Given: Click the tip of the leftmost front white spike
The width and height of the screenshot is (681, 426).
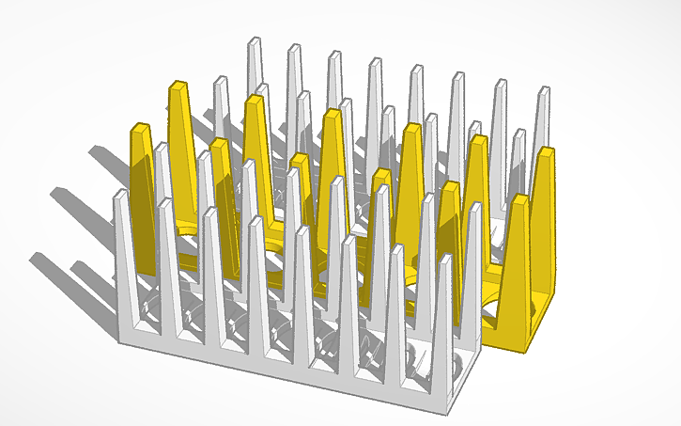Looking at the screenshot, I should (119, 194).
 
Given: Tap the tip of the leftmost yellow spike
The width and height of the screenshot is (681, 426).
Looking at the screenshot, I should (138, 127).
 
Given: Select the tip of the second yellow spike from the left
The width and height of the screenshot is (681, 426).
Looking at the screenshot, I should (176, 87).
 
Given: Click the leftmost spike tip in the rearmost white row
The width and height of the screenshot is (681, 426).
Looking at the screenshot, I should (253, 40).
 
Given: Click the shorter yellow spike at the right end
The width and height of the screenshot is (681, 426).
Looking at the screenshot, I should (517, 254).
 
